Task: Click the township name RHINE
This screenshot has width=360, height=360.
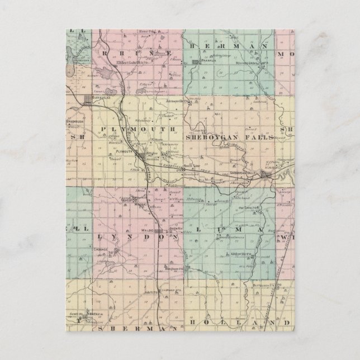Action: click(136, 50)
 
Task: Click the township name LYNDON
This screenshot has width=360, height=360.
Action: click(138, 237)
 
